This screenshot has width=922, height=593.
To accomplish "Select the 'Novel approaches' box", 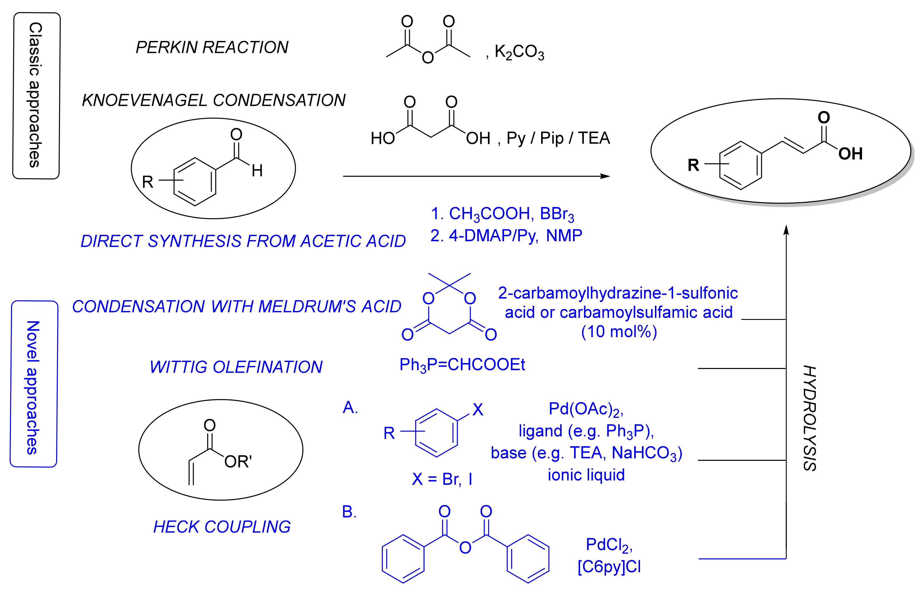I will (x=34, y=384).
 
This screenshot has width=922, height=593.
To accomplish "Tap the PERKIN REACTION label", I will (x=212, y=47).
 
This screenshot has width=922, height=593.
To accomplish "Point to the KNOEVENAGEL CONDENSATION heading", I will (x=214, y=100).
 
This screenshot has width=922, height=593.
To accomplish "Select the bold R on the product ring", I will (x=693, y=166).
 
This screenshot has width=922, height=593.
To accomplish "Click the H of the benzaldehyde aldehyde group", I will (x=257, y=170).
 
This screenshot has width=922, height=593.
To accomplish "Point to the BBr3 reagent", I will (x=557, y=214).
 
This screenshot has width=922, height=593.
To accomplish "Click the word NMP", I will (x=564, y=236).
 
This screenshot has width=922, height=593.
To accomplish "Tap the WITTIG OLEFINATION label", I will (x=236, y=367).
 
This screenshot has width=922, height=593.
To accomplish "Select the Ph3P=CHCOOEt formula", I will (x=462, y=365).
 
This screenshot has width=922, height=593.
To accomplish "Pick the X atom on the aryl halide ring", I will (x=478, y=410).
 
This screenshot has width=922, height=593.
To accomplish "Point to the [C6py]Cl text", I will (x=609, y=567).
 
